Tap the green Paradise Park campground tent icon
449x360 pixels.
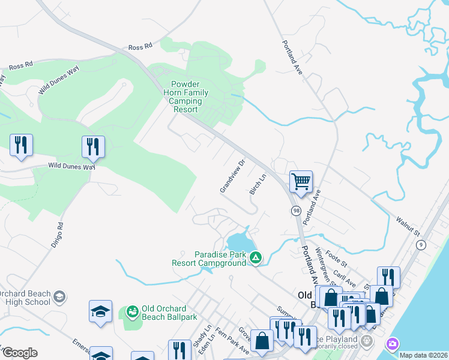(x=256, y=258)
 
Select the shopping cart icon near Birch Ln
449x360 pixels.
(x=301, y=181)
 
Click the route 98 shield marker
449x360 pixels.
(x=297, y=211)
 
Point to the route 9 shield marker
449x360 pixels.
(x=421, y=244)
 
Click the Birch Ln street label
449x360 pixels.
(x=258, y=184)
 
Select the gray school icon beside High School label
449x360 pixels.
(x=59, y=296)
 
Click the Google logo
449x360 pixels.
(x=19, y=353)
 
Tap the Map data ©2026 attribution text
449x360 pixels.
(x=424, y=355)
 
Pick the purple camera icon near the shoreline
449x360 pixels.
(x=393, y=344)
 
